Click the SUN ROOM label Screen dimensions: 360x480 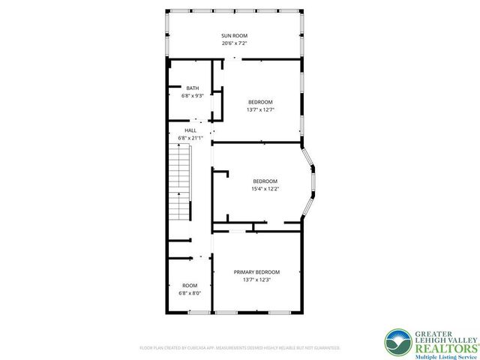point(234,35)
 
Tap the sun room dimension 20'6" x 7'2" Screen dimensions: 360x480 point(234,43)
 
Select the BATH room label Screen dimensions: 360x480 point(193,88)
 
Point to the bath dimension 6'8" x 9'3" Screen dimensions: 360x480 point(193,96)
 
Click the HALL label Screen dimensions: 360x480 point(190,130)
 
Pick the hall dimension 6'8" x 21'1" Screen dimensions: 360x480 point(190,138)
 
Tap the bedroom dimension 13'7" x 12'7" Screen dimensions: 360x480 point(260,109)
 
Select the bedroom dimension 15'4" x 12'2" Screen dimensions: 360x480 point(265,189)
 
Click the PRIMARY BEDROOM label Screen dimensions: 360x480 point(256,271)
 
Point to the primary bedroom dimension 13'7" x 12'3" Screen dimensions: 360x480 point(256,280)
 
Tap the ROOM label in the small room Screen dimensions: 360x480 point(190,285)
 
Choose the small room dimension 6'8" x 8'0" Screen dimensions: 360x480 point(190,293)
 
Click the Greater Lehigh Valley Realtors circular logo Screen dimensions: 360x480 point(397,342)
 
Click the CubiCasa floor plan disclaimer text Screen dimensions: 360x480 point(240,348)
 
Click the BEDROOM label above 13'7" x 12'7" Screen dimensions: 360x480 point(260,102)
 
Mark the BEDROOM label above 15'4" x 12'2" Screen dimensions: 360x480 point(265,181)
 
